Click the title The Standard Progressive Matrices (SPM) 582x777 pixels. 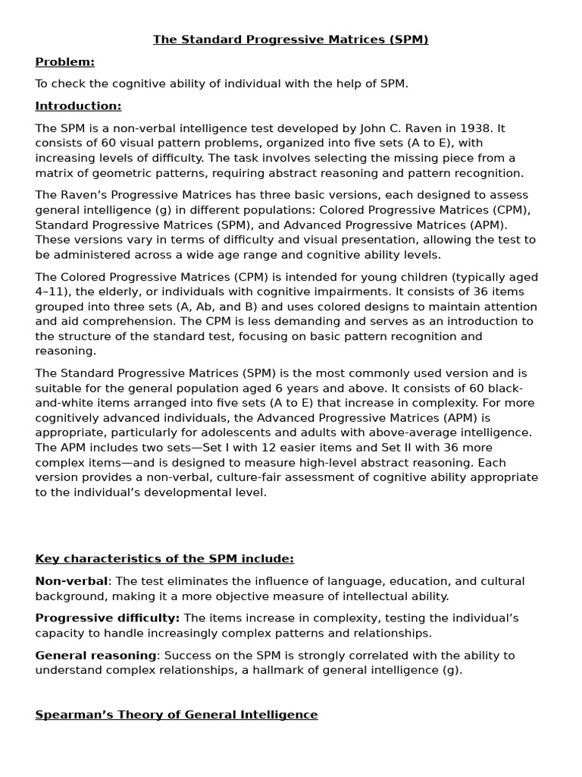pyautogui.click(x=290, y=39)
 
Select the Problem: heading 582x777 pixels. pyautogui.click(x=64, y=61)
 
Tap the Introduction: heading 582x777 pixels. pyautogui.click(x=78, y=106)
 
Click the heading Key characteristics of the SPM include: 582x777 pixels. pyautogui.click(x=164, y=559)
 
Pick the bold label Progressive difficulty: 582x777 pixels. pyautogui.click(x=108, y=618)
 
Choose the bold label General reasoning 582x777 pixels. pyautogui.click(x=96, y=656)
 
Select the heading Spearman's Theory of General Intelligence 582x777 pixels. pyautogui.click(x=177, y=715)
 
